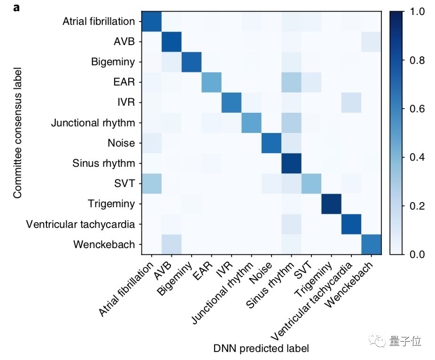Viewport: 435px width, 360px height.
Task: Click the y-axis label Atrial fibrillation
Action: coord(99,22)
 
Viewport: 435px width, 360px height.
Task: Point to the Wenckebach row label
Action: coord(104,244)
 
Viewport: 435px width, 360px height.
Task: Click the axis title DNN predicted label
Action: coord(261,349)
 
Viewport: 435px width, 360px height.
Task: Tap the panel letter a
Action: coord(16,8)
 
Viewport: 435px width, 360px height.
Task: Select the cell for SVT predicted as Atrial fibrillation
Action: coord(151,184)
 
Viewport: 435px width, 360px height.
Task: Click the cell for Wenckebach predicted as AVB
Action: coord(171,244)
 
